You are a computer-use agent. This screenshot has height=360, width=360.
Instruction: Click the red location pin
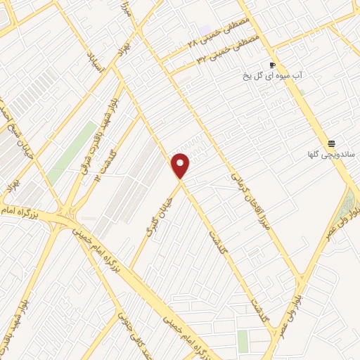tap(181, 165)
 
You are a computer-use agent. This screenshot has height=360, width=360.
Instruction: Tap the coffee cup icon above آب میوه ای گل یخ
tap(272, 65)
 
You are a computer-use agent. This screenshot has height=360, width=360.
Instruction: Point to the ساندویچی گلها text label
tap(331, 154)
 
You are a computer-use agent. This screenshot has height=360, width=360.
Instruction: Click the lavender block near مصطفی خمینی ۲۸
tap(205, 30)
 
